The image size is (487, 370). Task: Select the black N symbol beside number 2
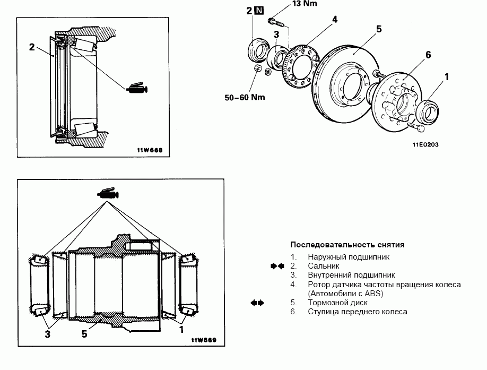[259, 10]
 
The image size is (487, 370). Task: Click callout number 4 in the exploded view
[335, 20]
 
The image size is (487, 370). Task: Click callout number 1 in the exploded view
[446, 76]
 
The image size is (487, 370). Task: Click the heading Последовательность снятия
[347, 245]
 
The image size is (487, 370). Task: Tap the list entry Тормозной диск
[335, 303]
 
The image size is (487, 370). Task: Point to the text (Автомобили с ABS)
[345, 293]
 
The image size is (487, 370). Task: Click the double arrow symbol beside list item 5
[257, 303]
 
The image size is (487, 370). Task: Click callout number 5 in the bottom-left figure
[84, 334]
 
